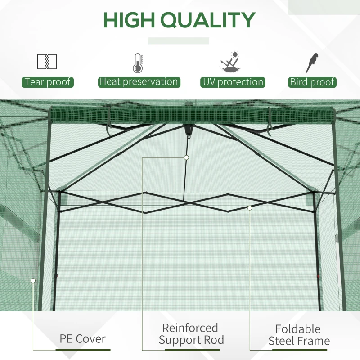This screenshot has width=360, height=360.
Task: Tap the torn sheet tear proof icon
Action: pyautogui.click(x=47, y=62)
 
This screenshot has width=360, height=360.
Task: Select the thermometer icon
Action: pyautogui.click(x=138, y=63)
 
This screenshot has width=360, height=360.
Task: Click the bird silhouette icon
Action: pyautogui.click(x=312, y=63)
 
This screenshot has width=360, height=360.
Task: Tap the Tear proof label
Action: pyautogui.click(x=48, y=82)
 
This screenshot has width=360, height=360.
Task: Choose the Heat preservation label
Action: pyautogui.click(x=139, y=82)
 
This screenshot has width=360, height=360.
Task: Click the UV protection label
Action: pyautogui.click(x=233, y=82)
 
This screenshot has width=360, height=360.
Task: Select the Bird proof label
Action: pyautogui.click(x=312, y=82)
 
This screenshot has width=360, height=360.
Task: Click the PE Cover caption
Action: pyautogui.click(x=82, y=338)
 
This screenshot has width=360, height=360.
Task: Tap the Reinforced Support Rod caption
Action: pyautogui.click(x=191, y=334)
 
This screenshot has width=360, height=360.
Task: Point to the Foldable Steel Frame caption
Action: pyautogui.click(x=299, y=335)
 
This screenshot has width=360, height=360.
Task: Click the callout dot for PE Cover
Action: pyautogui.click(x=33, y=280)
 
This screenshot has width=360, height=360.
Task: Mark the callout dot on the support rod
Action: pyautogui.click(x=186, y=157)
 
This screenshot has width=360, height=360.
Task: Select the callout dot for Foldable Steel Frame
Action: pyautogui.click(x=250, y=207)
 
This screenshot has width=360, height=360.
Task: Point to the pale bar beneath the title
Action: pyautogui.click(x=179, y=41)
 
